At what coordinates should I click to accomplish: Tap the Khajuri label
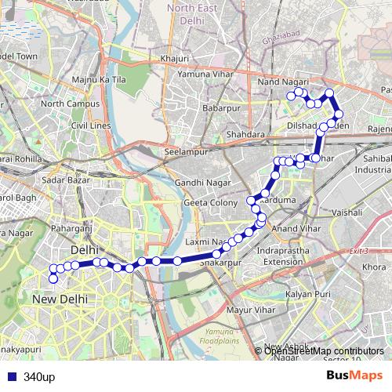pyautogui.click(x=174, y=58)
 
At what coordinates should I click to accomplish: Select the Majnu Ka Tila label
pyautogui.click(x=100, y=80)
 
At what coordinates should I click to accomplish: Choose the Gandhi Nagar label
pyautogui.click(x=200, y=183)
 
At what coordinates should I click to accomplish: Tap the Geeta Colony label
pyautogui.click(x=210, y=202)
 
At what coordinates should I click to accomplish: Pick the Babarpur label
pyautogui.click(x=220, y=107)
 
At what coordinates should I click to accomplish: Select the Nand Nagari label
pyautogui.click(x=281, y=81)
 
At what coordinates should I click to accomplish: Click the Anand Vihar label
pyautogui.click(x=292, y=228)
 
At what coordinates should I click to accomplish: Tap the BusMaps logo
pyautogui.click(x=354, y=376)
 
